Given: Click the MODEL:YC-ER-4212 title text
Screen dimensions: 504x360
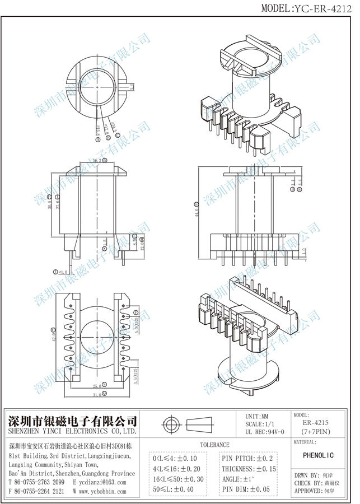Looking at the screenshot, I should [x=307, y=7].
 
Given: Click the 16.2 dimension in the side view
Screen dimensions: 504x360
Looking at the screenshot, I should [x=96, y=161].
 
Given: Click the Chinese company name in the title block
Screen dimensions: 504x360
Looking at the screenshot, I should [x=72, y=421].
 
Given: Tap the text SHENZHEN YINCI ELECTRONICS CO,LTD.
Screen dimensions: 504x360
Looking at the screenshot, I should [x=72, y=432].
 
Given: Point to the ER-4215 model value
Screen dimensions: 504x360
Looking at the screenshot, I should [x=315, y=424].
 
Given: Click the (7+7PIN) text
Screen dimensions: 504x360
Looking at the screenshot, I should [x=315, y=433].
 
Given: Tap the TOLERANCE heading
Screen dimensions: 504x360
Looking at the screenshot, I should [x=214, y=444].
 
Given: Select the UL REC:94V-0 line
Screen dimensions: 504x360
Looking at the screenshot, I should [x=265, y=432].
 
